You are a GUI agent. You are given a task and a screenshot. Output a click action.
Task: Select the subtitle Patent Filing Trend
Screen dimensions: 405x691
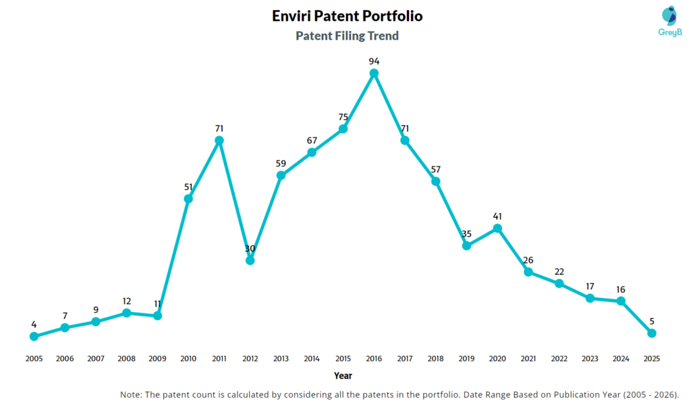pos(347,36)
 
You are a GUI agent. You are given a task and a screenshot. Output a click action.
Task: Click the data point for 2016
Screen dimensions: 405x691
pos(374,73)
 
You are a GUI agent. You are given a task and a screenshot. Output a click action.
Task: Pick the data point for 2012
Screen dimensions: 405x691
pos(250,260)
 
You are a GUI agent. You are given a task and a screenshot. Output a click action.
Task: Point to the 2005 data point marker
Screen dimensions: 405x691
pos(34,336)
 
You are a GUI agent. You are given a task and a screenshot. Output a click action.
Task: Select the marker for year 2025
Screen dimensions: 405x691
pos(652,333)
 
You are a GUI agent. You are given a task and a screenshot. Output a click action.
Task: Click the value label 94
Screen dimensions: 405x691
pos(374,61)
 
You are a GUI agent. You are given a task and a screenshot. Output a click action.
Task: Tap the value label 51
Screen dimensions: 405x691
pos(188,187)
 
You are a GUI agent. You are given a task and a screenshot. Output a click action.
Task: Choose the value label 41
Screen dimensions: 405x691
pos(497,216)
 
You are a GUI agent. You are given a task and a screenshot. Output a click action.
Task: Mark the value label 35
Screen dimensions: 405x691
pos(466,234)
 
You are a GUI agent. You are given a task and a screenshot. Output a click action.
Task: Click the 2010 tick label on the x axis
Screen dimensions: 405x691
pos(188,359)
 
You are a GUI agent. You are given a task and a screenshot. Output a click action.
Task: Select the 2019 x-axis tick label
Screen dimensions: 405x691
pos(466,359)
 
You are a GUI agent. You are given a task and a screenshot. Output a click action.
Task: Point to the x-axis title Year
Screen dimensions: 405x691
pos(343,375)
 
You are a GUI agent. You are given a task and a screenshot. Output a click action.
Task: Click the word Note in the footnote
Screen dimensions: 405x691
pos(130,394)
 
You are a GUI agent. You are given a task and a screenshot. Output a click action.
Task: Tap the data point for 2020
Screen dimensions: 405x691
pos(497,228)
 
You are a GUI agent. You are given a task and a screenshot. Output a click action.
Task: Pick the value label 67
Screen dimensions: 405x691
pos(312,140)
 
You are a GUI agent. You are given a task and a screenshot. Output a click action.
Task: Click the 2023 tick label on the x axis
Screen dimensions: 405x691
pos(590,359)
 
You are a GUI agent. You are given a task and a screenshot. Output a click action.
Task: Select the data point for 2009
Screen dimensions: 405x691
pos(157,315)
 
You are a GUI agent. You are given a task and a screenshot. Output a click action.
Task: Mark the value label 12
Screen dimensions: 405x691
pos(126,301)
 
